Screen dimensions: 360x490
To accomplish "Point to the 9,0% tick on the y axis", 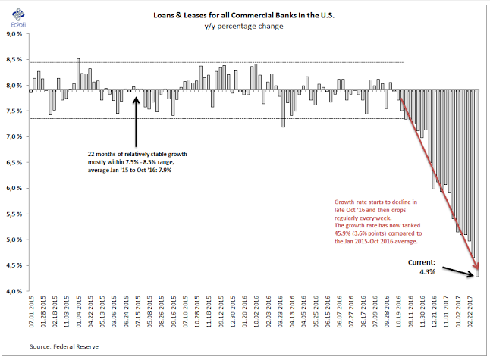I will tap(15, 34).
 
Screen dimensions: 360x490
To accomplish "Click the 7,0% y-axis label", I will tap(15, 137).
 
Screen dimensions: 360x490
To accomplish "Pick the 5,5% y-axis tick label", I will tap(15, 214).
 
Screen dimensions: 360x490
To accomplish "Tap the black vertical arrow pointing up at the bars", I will tap(136, 121).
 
